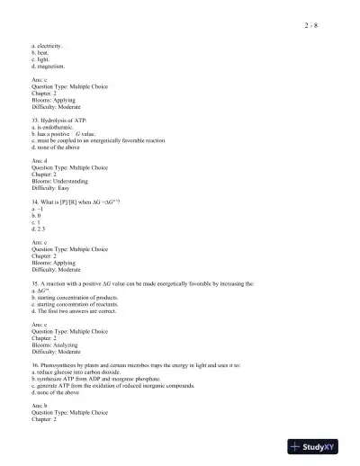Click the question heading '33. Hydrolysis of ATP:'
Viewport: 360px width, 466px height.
[61, 120]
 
